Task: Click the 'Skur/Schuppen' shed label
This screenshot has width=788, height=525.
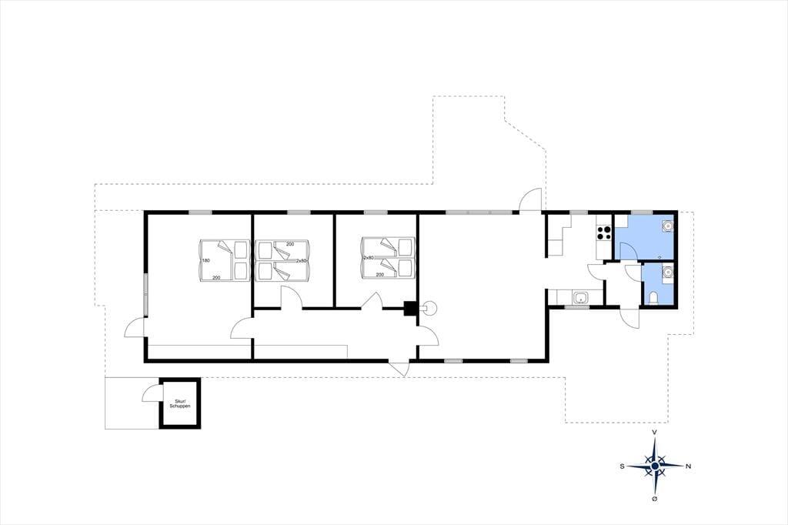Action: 179,403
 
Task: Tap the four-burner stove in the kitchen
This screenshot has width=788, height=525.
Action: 604,232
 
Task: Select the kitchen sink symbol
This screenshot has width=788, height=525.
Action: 581,298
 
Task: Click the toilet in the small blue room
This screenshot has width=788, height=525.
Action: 653,298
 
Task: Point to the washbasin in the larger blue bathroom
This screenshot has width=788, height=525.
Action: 667,227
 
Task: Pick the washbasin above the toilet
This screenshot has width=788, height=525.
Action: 667,273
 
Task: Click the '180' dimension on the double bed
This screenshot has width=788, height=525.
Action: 205,260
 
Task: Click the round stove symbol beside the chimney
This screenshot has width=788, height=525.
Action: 430,308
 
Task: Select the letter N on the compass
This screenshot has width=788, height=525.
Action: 688,466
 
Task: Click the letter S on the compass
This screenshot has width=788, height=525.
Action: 622,466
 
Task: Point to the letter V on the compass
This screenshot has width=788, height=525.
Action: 654,432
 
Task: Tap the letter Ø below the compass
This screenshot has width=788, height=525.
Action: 654,498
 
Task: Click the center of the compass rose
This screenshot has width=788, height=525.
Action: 655,466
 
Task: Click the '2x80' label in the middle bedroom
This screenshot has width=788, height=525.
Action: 301,261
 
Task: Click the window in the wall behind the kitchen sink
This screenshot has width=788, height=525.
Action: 577,306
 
